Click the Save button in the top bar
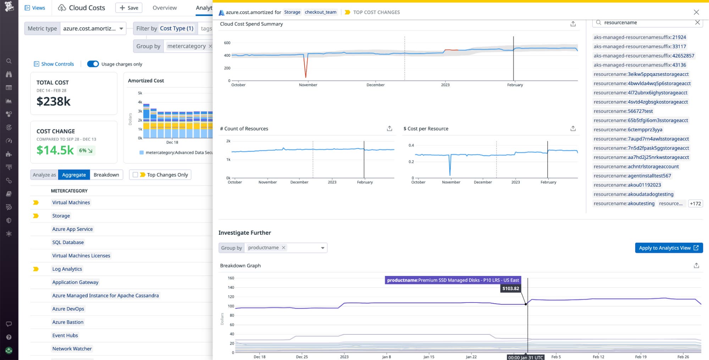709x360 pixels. click(129, 8)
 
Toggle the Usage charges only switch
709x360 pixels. click(93, 64)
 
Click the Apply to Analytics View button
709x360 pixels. click(669, 248)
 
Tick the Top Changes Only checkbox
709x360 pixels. click(135, 175)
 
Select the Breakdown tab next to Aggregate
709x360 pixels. click(106, 175)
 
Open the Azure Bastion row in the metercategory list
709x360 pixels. click(68, 322)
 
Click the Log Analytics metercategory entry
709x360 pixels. click(67, 269)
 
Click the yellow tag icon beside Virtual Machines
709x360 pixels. click(36, 203)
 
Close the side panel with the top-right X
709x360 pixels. click(696, 12)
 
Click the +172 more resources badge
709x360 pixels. click(695, 204)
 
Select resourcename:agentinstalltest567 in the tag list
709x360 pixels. click(632, 176)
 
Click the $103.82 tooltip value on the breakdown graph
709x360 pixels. click(510, 288)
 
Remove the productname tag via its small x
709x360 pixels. click(283, 248)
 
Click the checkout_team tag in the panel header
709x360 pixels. click(320, 12)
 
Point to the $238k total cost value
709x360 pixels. click(54, 101)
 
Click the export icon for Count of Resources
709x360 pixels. click(389, 128)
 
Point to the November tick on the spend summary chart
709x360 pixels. click(308, 85)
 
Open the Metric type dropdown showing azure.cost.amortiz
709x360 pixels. click(93, 28)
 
